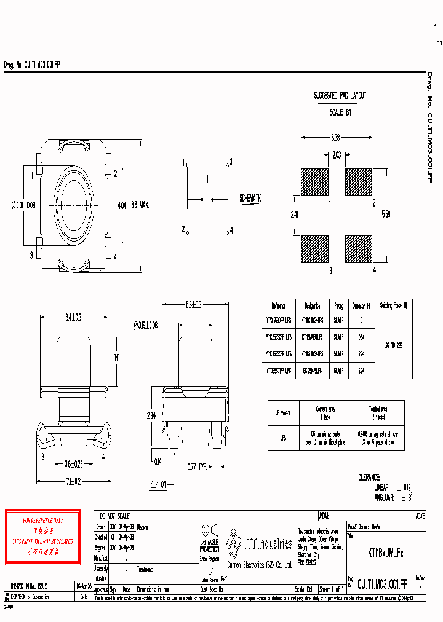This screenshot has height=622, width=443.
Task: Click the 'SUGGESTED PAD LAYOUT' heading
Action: coord(340,96)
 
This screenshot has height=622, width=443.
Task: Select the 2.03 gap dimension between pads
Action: coord(337,155)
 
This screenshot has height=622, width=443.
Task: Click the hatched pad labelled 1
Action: coord(316,182)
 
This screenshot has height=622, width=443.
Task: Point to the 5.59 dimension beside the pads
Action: coord(385,214)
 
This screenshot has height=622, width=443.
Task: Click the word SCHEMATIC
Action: coord(250,199)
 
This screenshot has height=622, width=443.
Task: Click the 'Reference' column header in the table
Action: coord(278,305)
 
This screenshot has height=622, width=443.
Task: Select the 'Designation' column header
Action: coord(312,305)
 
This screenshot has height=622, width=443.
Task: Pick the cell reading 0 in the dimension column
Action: coord(361,320)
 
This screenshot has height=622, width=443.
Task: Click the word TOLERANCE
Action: coord(367,477)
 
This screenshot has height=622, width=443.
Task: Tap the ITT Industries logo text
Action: coord(268,543)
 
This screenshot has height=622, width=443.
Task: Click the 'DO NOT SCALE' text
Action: coord(113,516)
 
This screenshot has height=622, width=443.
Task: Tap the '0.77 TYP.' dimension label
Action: coord(196,466)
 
